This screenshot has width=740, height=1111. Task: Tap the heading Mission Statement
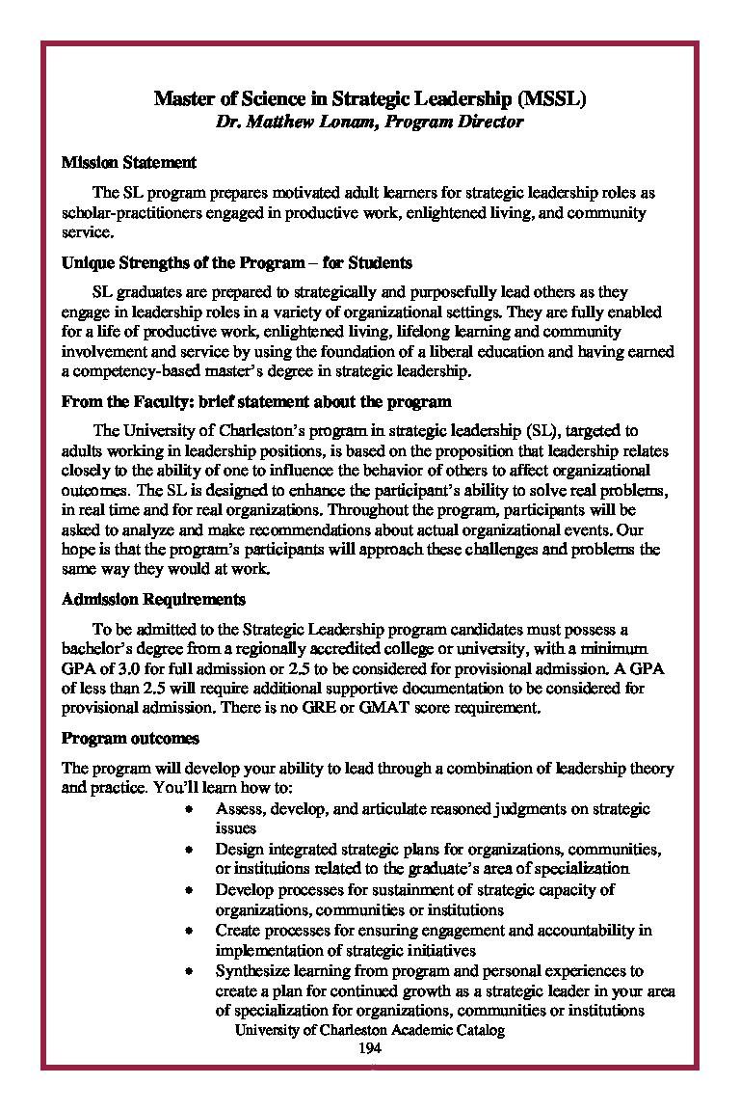129,162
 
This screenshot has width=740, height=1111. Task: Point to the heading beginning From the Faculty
256,401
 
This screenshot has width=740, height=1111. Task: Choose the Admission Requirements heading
153,599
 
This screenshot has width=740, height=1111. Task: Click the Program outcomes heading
130,739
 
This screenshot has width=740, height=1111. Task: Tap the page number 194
370,1048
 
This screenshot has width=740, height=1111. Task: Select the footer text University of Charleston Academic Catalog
370,1030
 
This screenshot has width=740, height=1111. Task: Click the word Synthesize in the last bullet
252,971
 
